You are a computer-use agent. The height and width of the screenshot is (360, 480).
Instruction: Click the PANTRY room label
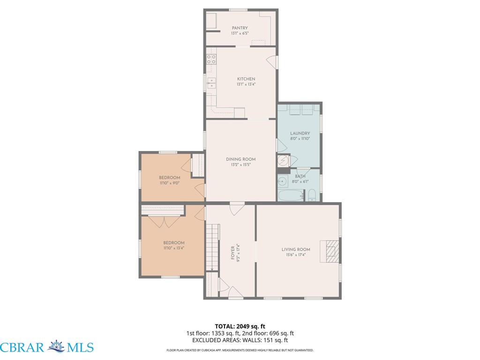(240, 28)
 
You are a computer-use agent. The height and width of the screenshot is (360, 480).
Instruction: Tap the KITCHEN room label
(246, 79)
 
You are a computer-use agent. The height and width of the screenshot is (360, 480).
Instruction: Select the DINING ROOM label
(240, 159)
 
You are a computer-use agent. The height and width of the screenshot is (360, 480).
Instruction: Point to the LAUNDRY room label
(300, 133)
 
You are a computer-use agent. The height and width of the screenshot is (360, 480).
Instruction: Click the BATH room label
(300, 176)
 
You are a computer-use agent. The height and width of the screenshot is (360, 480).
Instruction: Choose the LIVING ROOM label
(296, 249)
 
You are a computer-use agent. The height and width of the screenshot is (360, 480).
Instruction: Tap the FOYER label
(232, 253)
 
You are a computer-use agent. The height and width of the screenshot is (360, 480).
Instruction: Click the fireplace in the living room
(330, 251)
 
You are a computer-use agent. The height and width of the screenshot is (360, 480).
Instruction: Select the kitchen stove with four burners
(211, 60)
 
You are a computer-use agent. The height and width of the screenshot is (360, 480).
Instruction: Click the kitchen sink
(211, 83)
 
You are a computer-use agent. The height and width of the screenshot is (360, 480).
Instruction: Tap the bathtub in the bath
(291, 195)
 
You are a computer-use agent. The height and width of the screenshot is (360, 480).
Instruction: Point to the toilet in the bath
(312, 195)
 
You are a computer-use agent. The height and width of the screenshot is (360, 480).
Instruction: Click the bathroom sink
(283, 181)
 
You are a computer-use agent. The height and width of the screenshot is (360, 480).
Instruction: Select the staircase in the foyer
(212, 247)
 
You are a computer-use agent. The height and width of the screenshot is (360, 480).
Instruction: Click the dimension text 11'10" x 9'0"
(169, 183)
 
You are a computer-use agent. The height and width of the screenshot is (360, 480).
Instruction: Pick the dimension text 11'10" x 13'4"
(173, 248)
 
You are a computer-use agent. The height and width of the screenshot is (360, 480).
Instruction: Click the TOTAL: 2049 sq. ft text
(240, 326)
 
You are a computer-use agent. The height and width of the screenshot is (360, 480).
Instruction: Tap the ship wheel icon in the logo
(57, 346)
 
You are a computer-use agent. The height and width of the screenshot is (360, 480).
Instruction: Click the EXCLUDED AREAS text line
(240, 340)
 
